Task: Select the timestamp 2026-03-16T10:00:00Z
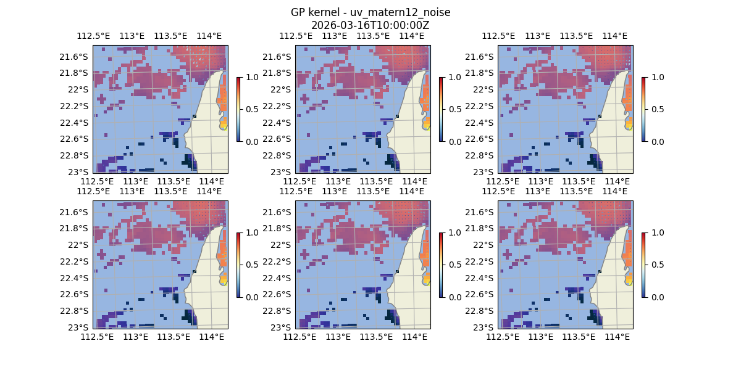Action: (x=370, y=25)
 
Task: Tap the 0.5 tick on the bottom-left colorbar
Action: (x=251, y=265)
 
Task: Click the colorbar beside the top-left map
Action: (x=238, y=109)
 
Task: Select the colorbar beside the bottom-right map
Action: (x=643, y=265)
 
